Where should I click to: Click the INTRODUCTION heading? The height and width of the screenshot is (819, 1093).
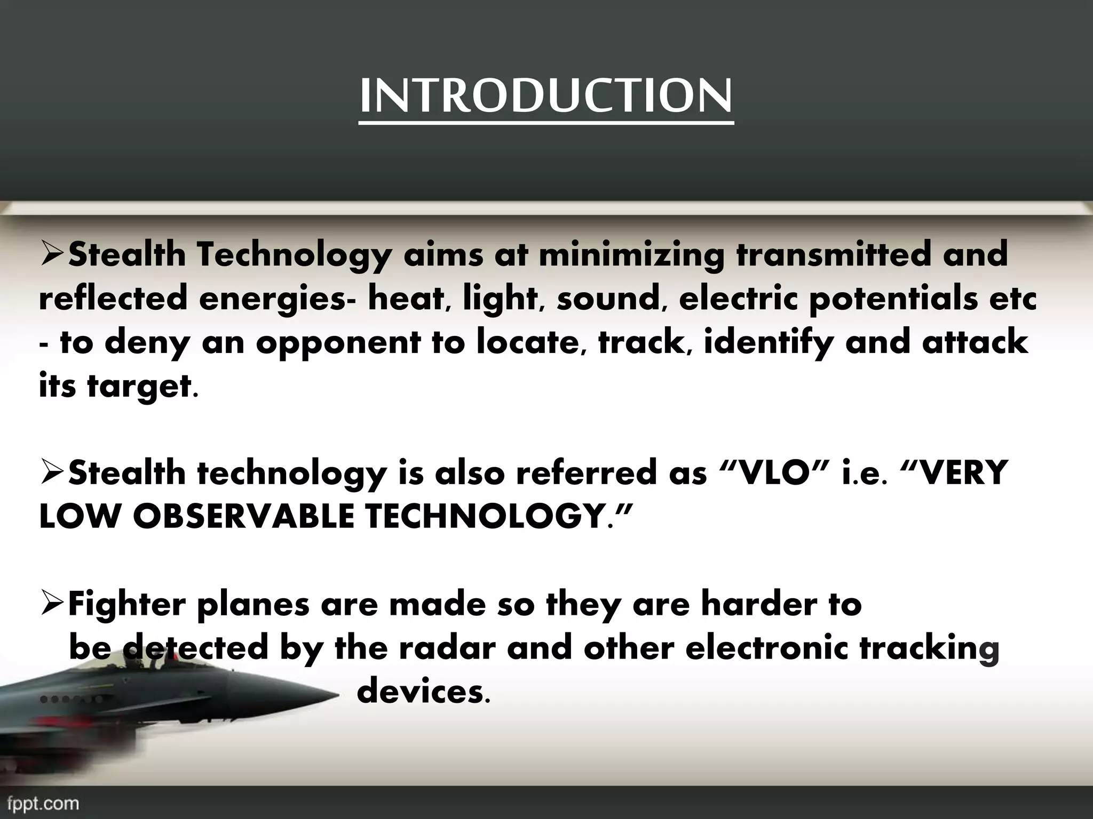pos(546,96)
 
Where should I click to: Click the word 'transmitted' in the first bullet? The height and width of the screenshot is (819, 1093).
pos(833,255)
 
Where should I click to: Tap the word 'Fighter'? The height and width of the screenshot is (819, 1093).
pos(128,605)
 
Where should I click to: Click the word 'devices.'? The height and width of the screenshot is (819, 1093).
pos(422,692)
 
